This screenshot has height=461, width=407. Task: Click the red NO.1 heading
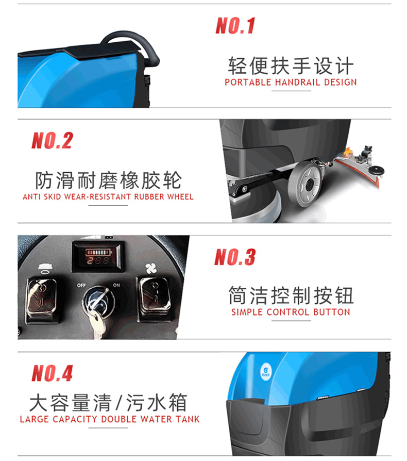tap(235, 26)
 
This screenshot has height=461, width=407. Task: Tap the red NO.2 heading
tap(52, 140)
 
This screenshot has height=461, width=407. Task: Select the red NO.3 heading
tap(235, 257)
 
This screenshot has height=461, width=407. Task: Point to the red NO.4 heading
tap(52, 373)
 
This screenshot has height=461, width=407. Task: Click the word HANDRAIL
tap(297, 82)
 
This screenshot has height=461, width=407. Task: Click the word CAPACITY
tap(75, 419)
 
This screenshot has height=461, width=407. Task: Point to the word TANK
tap(188, 419)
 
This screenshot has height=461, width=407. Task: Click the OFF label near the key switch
tap(81, 285)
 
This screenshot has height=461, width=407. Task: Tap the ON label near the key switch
tap(116, 285)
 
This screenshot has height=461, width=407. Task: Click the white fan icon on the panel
tap(151, 268)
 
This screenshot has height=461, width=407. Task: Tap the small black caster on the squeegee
tap(377, 171)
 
